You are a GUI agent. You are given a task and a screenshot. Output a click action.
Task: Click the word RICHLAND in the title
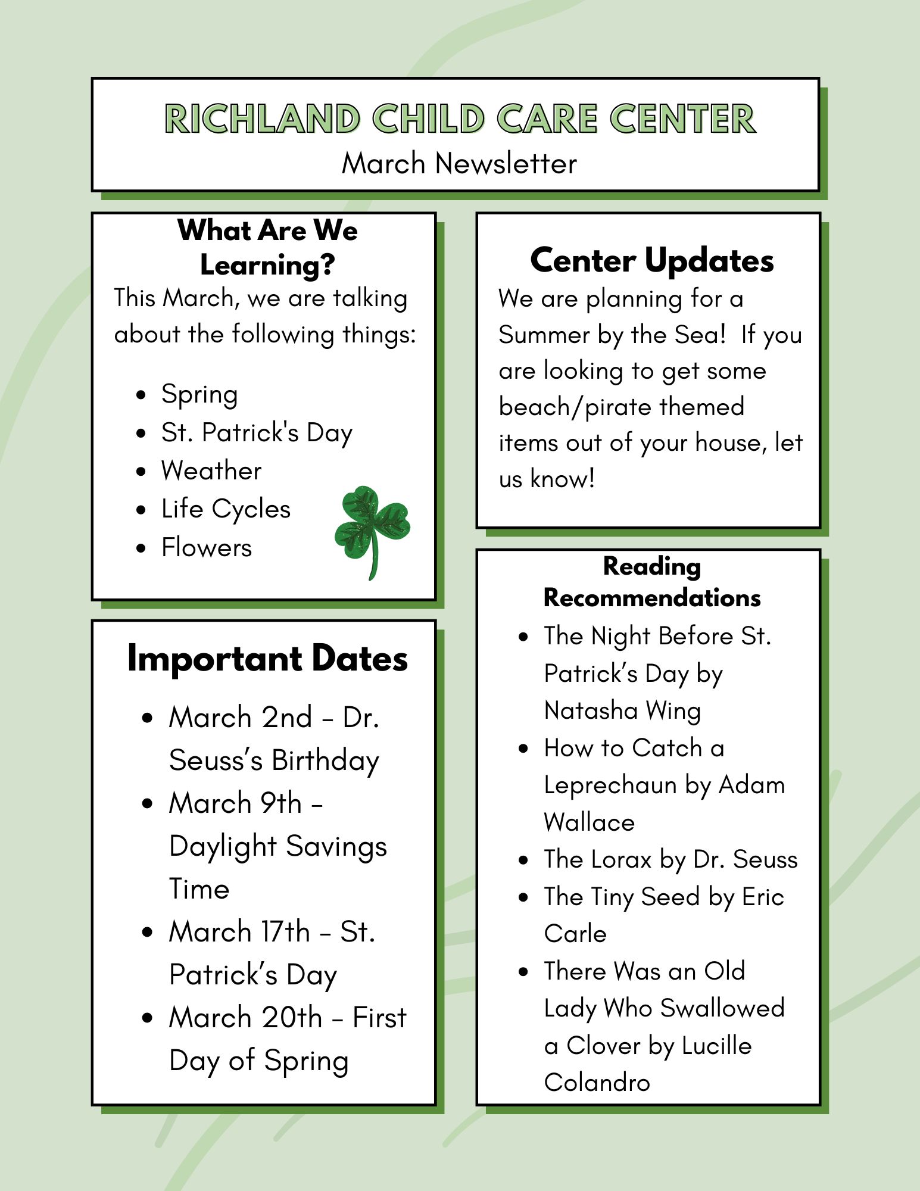(263, 119)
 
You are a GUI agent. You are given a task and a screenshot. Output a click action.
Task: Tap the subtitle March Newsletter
(459, 163)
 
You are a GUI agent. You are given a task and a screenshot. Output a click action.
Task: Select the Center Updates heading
(652, 260)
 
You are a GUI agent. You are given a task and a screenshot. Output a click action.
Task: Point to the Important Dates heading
(267, 659)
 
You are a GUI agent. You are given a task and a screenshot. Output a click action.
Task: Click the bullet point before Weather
(141, 472)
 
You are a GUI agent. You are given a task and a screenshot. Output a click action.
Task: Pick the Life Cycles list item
(226, 510)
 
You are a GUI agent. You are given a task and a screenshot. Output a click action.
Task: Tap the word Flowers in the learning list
(207, 547)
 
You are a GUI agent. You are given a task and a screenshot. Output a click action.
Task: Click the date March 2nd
(241, 717)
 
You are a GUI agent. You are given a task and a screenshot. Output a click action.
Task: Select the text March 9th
(235, 803)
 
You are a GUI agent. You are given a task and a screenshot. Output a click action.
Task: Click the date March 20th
(245, 1017)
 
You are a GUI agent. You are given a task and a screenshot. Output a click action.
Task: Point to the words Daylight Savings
(278, 847)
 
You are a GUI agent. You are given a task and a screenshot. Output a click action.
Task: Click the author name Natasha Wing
(622, 711)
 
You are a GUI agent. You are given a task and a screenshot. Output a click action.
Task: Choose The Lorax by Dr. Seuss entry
(670, 859)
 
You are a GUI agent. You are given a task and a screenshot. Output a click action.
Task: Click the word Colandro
(597, 1082)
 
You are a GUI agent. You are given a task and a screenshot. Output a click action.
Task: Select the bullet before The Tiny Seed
(523, 897)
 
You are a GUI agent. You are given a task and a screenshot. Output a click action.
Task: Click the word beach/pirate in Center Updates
(622, 407)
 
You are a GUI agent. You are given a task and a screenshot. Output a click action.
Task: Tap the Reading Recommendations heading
(652, 582)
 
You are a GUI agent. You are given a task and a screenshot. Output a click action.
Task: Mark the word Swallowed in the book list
(722, 1008)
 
